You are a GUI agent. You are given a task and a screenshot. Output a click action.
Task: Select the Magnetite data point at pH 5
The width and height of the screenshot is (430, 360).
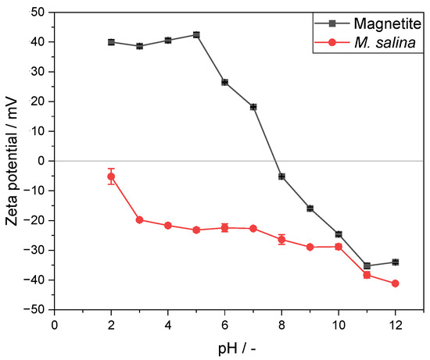click(196, 34)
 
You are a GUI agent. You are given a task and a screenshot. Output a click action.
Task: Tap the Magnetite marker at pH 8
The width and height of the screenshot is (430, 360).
click(281, 176)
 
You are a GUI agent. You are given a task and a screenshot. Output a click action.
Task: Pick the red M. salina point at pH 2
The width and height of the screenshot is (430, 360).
click(111, 176)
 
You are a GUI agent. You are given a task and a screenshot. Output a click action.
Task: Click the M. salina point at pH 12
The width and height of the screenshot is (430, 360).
click(395, 283)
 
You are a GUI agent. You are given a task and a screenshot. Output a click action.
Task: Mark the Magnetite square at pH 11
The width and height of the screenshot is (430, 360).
click(367, 266)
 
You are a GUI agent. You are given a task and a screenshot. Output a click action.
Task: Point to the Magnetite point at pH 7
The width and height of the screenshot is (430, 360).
click(253, 107)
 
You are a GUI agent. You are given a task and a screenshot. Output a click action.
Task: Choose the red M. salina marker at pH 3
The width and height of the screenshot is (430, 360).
click(139, 219)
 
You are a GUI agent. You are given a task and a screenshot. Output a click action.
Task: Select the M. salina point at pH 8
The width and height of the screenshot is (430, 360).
click(281, 239)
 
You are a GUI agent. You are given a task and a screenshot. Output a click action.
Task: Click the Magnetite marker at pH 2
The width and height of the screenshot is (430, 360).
click(111, 42)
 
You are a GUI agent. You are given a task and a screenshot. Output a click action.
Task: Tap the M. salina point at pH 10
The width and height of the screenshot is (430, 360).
click(339, 247)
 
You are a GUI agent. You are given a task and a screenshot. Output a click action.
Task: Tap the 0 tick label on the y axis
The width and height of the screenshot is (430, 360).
click(42, 161)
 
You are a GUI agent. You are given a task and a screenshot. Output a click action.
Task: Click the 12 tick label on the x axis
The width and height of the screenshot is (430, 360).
click(395, 323)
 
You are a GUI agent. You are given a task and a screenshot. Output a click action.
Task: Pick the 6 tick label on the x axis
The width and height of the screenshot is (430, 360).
click(224, 323)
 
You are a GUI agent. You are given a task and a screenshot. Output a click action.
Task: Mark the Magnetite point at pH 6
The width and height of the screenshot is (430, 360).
click(224, 82)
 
